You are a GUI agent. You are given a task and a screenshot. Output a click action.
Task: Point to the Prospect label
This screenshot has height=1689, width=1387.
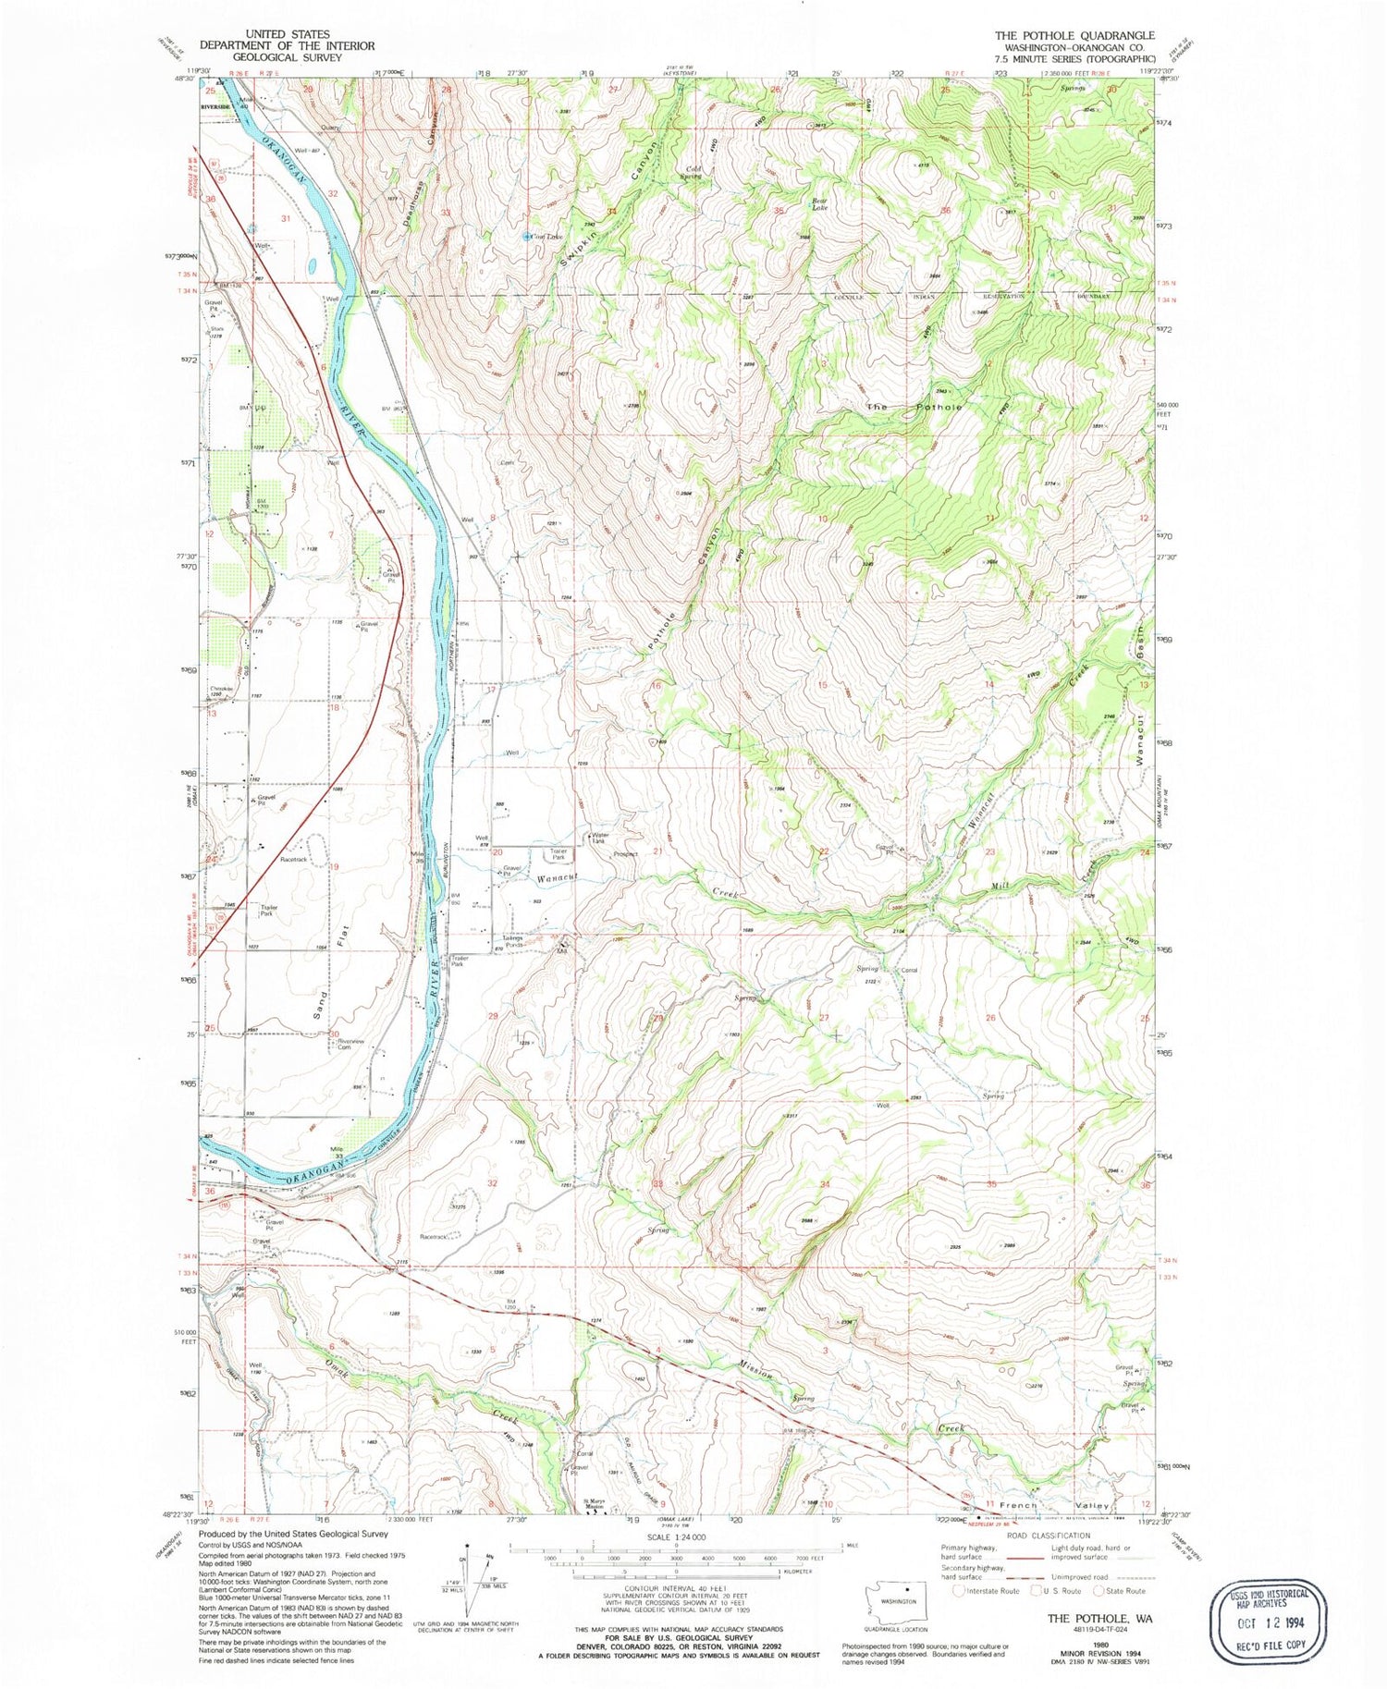click(x=625, y=854)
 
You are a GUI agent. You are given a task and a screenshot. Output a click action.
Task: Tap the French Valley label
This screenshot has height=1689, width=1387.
click(x=1053, y=1505)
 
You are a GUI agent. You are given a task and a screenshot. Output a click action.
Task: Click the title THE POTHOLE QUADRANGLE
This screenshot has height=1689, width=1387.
click(x=1074, y=36)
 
